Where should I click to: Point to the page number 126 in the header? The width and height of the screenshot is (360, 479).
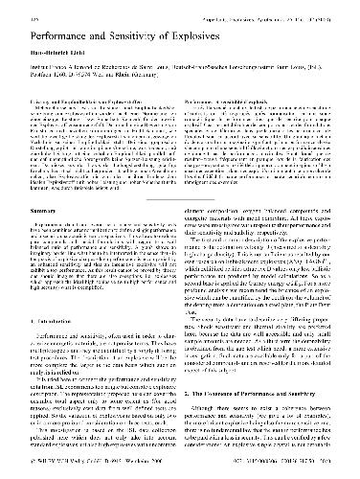(27, 11)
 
